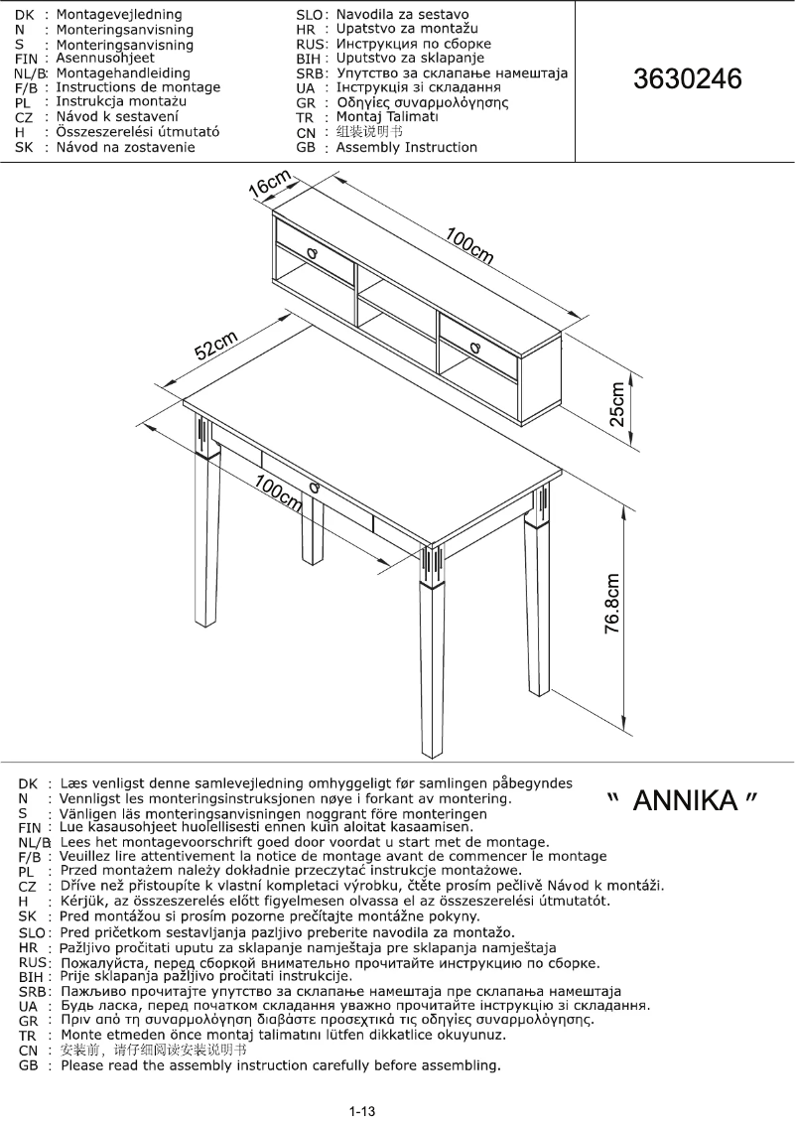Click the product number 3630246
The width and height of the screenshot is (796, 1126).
point(688,79)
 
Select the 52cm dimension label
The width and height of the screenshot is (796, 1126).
point(215,345)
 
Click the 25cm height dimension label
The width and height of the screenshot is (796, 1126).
point(617,403)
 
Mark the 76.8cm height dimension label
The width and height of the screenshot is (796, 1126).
point(614,603)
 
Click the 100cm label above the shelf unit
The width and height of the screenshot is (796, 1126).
point(470,245)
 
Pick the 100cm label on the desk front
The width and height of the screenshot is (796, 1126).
point(278,493)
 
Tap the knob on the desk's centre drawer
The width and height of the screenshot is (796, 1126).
point(315,487)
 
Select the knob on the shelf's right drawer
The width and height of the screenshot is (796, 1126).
point(474,347)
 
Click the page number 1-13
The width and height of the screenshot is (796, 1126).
point(362,1111)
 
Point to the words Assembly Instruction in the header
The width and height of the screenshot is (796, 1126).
point(407,147)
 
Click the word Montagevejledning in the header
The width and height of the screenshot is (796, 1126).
point(119,15)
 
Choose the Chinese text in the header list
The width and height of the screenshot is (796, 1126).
point(370,132)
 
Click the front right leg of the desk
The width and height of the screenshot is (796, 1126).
point(434,665)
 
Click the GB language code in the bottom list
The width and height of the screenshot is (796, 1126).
point(30,1065)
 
